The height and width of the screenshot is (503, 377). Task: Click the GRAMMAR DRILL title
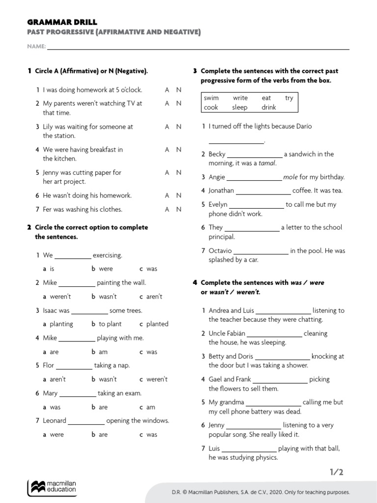click(62, 22)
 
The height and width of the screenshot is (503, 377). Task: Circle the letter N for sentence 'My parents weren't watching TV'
click(179, 104)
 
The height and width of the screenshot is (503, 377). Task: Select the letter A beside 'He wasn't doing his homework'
click(167, 196)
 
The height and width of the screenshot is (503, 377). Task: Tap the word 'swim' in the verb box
click(212, 98)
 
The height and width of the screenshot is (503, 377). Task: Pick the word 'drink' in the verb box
click(269, 107)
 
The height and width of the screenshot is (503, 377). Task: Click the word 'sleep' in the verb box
click(240, 107)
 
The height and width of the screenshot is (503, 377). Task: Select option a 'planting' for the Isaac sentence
click(61, 324)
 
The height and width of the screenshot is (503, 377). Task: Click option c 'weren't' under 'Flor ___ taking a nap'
click(157, 379)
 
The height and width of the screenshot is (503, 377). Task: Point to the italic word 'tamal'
click(268, 163)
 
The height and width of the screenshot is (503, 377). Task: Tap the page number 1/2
click(336, 472)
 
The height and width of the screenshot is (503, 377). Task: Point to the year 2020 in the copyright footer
click(286, 492)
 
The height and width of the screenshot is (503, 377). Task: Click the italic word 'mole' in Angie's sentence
click(290, 177)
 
